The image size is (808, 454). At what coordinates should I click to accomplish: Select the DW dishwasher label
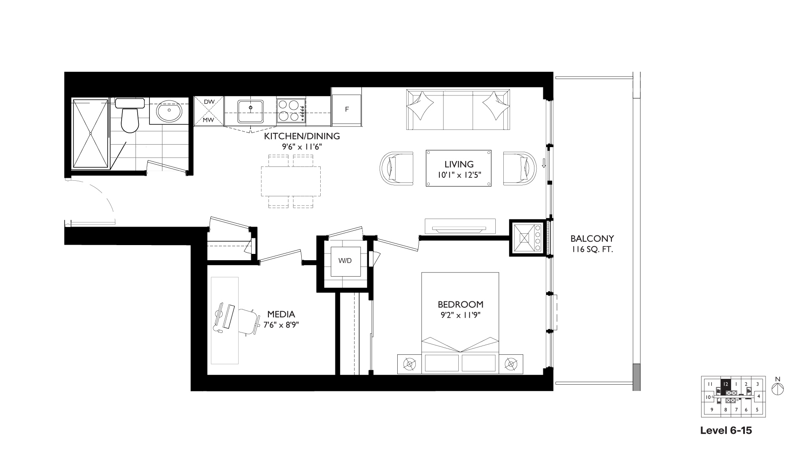(x=209, y=102)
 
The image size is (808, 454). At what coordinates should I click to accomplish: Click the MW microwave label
(x=209, y=120)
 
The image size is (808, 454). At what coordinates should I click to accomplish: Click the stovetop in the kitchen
(x=291, y=110)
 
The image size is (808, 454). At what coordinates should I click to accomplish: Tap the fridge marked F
(x=347, y=110)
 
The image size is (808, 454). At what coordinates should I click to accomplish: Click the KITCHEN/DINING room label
(x=302, y=136)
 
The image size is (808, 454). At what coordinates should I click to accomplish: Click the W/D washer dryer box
(x=345, y=261)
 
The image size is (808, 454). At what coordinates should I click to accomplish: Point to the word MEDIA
(x=281, y=314)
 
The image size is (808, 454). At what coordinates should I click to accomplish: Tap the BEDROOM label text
(x=460, y=304)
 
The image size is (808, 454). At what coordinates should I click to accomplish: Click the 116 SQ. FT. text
(x=592, y=250)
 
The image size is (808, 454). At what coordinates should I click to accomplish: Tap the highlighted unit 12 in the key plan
(x=725, y=383)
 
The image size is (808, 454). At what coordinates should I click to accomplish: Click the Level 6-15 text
(x=726, y=430)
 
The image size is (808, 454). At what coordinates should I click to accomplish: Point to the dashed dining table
(x=291, y=181)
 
